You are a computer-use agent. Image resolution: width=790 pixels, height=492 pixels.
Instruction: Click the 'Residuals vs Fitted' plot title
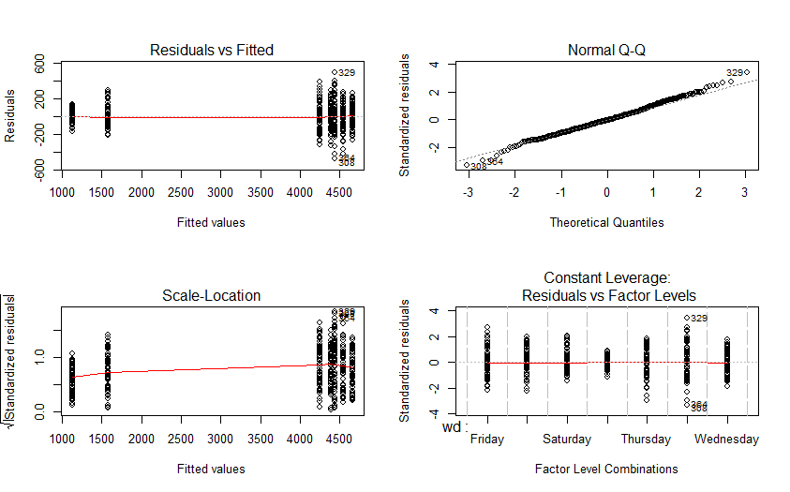coord(212,50)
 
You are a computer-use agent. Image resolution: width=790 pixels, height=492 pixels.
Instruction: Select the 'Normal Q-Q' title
coord(606,50)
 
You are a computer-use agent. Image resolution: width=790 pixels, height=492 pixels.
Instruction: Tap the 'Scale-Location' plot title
coord(212,295)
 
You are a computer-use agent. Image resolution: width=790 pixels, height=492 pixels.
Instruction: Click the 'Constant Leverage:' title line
coord(606,278)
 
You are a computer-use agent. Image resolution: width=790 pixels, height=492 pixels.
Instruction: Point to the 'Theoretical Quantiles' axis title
coord(606,223)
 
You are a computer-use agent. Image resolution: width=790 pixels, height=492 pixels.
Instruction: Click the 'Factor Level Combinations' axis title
coord(606,469)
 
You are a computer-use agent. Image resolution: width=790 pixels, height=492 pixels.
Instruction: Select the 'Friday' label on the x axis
coord(487,439)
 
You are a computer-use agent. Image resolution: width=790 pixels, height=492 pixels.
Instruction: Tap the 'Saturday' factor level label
coord(566,439)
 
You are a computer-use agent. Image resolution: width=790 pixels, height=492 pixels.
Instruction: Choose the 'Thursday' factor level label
coord(646,439)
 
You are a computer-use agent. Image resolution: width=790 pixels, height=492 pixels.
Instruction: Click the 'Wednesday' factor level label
coord(726,439)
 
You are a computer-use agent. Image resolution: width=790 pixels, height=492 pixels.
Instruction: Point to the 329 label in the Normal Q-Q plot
coord(735,72)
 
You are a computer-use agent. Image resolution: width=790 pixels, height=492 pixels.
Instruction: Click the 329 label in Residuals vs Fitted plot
coord(347,72)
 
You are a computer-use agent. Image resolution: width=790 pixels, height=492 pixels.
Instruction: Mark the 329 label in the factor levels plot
coord(699,319)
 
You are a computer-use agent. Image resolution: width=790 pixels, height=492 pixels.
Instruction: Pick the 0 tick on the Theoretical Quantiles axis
coord(606,193)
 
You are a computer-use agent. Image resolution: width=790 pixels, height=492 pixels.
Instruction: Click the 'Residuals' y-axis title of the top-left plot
coord(11,116)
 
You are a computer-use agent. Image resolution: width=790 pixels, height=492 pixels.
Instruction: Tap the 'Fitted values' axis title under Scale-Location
coord(212,469)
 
